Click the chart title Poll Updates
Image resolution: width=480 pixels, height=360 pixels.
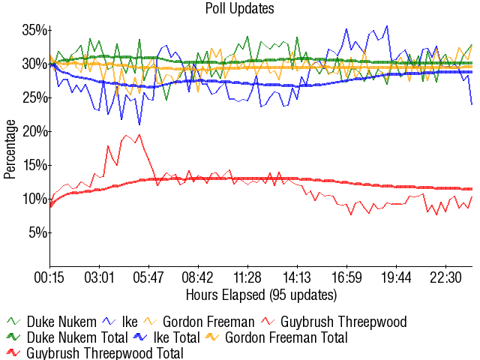[239, 9]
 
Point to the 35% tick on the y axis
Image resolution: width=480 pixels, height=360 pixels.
[34, 30]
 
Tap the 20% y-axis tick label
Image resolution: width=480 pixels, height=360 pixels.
[34, 131]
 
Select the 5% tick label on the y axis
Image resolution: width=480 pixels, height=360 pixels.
[38, 232]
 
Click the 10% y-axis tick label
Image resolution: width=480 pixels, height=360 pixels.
[34, 199]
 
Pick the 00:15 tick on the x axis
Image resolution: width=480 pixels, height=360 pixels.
[50, 277]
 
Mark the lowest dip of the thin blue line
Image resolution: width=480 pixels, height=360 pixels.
[139, 124]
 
